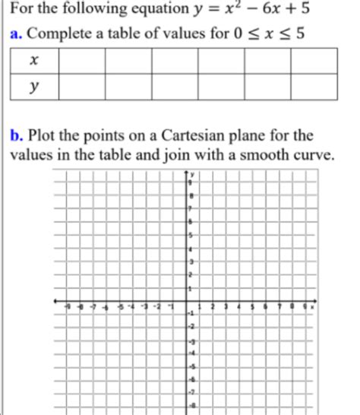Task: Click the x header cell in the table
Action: tap(33, 59)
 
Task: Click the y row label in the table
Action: tap(33, 87)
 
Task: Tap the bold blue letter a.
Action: tap(15, 35)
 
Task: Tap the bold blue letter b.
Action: tap(15, 137)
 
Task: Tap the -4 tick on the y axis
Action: tap(191, 353)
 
